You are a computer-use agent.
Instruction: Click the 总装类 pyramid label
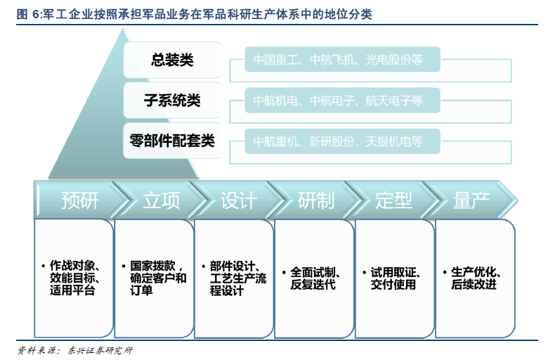point(172,60)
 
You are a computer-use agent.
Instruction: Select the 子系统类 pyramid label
point(172,101)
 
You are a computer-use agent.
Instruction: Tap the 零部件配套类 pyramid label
point(172,141)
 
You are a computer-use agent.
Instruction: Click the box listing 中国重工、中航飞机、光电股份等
point(342,60)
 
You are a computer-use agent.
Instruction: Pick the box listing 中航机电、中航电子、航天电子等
point(342,101)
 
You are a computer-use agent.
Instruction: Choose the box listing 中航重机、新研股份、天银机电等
point(342,141)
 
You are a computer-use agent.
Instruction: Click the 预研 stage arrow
point(79,200)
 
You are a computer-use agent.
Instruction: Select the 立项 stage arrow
point(162,200)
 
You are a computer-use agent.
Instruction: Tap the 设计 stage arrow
point(239,200)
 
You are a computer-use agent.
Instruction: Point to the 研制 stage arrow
point(316,200)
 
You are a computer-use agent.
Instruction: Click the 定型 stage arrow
point(394,200)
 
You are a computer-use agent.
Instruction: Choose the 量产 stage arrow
point(471,200)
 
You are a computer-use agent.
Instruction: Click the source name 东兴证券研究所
point(100,350)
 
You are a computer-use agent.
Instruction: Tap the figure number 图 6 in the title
point(28,14)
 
